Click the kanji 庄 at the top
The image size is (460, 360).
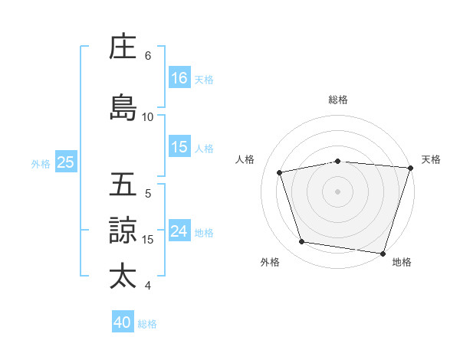point(123,47)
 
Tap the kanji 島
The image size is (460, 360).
point(123,107)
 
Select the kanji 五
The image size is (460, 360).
point(123,185)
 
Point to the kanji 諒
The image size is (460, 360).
point(123,230)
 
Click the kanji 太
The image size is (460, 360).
point(123,275)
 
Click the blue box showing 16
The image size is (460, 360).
point(179,77)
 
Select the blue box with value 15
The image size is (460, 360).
point(179,147)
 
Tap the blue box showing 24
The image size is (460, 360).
point(179,231)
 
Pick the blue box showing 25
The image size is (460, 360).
point(65,162)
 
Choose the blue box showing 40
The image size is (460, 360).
point(123,322)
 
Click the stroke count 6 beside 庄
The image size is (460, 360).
point(148,56)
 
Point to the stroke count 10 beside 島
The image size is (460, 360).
point(148,116)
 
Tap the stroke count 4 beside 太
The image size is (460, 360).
point(148,286)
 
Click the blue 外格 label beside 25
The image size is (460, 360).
point(41,163)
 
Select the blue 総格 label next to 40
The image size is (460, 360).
point(147,323)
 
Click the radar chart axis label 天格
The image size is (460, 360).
point(431,159)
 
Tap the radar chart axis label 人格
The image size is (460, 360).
point(245,159)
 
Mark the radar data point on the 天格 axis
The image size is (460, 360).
point(411,168)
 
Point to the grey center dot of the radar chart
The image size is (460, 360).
point(337,191)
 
